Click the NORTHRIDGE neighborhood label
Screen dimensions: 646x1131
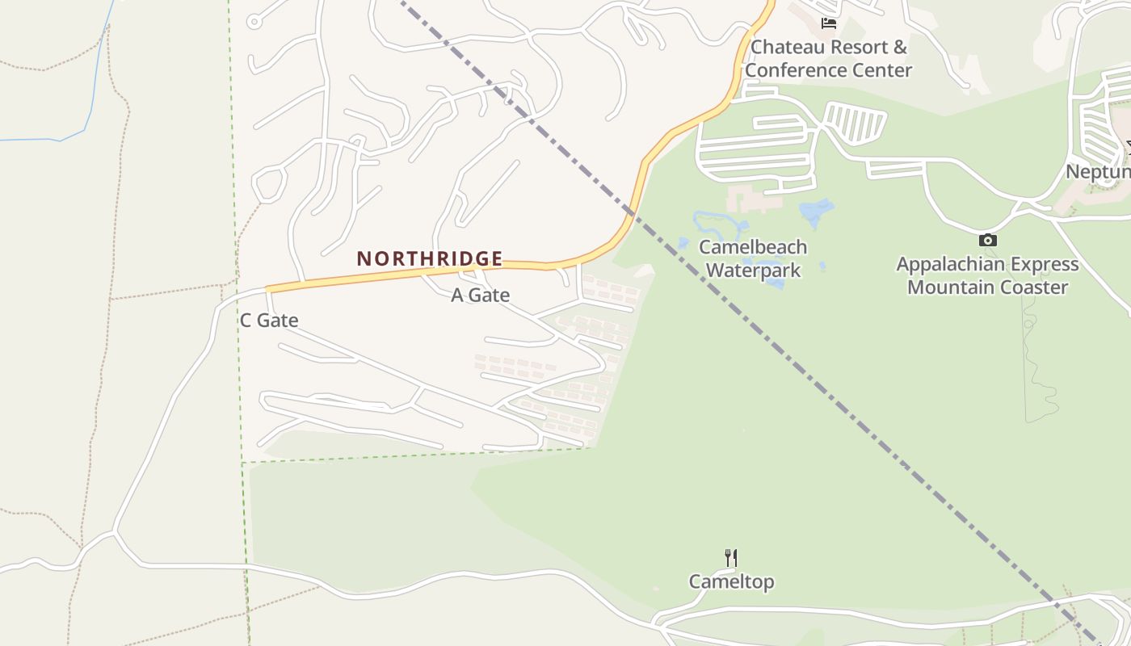[x=430, y=258]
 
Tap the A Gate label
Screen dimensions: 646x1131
[x=480, y=296]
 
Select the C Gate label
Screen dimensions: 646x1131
[x=269, y=321]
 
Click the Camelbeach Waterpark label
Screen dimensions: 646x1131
[x=753, y=258]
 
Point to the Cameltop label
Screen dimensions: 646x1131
[x=731, y=581]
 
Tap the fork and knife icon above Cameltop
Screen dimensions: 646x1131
[x=731, y=557]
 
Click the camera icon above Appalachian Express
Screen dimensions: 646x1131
[x=987, y=240]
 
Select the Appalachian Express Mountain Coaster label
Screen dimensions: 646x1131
[x=987, y=275]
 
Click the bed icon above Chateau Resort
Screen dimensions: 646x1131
[x=828, y=23]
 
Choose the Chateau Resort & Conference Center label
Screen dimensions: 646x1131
[x=828, y=58]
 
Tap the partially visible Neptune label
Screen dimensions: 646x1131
[x=1097, y=171]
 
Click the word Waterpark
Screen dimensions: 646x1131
[x=753, y=270]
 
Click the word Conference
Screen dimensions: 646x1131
[x=828, y=70]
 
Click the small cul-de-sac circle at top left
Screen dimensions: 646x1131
[x=254, y=22]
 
